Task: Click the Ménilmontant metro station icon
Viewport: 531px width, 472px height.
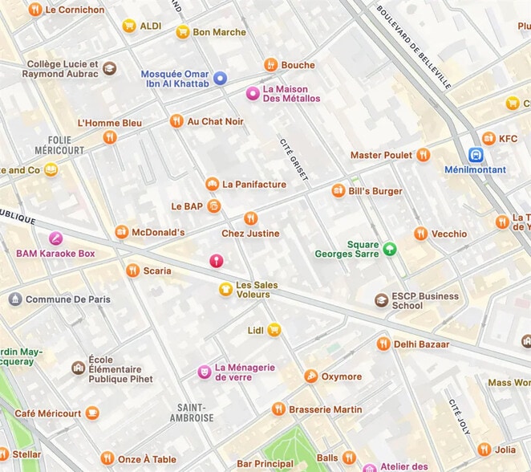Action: tap(476, 155)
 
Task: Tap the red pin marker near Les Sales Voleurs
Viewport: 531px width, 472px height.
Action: tap(216, 261)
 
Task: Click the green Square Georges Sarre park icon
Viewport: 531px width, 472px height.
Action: tap(390, 249)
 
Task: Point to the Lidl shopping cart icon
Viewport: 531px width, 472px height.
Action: tap(274, 329)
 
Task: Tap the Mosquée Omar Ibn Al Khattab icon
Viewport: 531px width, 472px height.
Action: tap(220, 78)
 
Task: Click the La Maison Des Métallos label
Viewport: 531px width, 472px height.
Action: tap(291, 93)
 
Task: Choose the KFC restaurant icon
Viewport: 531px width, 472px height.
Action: tap(488, 138)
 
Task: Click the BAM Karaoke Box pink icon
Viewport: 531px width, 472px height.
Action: tap(55, 238)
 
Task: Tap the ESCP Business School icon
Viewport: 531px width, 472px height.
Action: tap(382, 300)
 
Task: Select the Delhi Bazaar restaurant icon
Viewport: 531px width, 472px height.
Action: tap(383, 344)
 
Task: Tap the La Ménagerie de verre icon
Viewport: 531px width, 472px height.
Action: tap(205, 372)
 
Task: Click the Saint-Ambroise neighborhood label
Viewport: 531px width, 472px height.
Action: tap(193, 413)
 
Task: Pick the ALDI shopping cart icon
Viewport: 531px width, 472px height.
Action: tap(128, 26)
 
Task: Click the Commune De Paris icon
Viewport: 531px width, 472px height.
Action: tap(14, 299)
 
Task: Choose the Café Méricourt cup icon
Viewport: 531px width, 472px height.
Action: tap(92, 413)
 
